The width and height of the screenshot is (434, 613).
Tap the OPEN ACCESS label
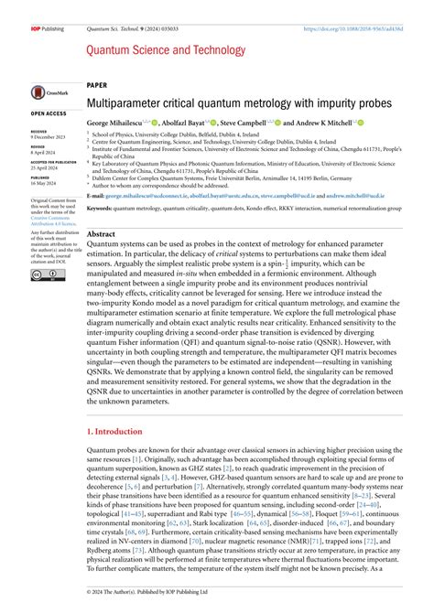[x=49, y=113]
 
